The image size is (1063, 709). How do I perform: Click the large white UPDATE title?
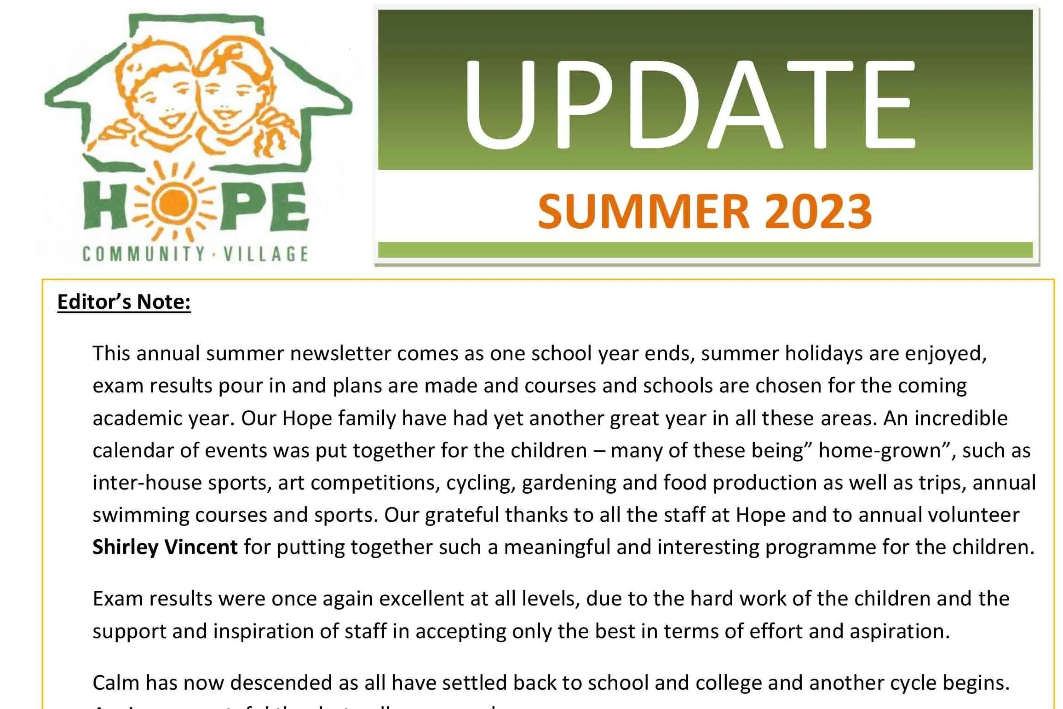[690, 105]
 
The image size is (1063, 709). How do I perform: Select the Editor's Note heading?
[124, 302]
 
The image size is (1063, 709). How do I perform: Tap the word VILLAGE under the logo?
[266, 254]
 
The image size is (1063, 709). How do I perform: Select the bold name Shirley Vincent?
[165, 547]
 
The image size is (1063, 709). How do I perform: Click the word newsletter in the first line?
[340, 353]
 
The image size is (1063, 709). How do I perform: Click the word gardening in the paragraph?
[569, 483]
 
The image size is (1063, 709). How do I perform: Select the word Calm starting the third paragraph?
[115, 683]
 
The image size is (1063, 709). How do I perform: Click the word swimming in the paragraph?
[140, 515]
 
